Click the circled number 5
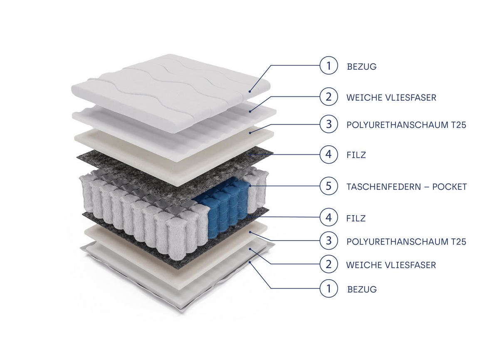click(329, 186)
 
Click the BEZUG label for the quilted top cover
click(362, 66)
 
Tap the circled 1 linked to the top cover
click(329, 66)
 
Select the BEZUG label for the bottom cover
click(362, 289)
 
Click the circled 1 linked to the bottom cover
click(329, 288)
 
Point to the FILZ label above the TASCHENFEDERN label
click(356, 155)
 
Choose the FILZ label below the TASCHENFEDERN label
click(356, 218)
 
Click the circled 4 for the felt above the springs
click(329, 154)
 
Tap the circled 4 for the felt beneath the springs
click(329, 217)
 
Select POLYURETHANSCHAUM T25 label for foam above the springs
click(406, 124)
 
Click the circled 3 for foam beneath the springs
click(329, 241)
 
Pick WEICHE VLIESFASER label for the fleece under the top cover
click(391, 97)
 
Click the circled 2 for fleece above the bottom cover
click(329, 264)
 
